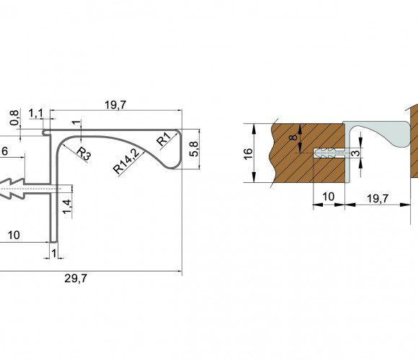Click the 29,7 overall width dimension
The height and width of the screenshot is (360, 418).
pos(76,279)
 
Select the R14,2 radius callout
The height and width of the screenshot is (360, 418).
pos(126,161)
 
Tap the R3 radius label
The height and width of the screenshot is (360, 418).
pos(84,154)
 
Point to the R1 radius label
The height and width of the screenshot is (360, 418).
pos(164,139)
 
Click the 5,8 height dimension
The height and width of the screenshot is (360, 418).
pos(194,149)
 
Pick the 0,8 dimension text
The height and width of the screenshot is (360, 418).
pos(14,117)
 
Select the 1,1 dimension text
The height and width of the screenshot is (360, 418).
pos(35,114)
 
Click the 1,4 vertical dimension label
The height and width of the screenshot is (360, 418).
pos(67,207)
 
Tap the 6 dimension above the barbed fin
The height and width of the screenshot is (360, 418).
pos(5,151)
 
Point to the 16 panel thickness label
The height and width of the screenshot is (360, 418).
pos(248,154)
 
